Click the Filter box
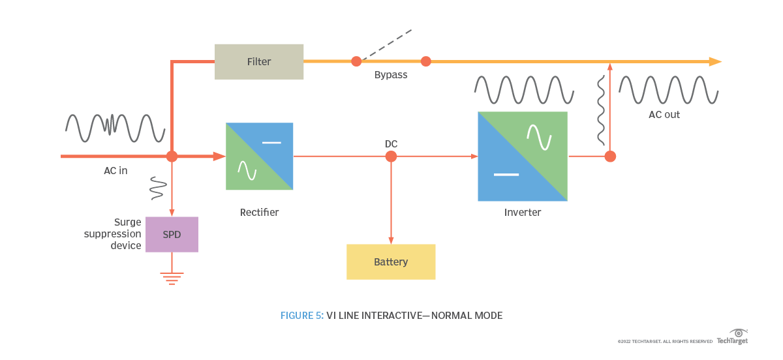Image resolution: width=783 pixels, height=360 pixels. point(259,62)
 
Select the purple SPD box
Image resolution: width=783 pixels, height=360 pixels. point(172,235)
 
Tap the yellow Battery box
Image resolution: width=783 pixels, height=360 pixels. point(391,262)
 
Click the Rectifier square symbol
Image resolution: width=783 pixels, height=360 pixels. point(259,157)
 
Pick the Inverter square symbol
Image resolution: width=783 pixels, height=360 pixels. point(523,157)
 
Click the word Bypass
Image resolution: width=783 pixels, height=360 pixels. point(391,75)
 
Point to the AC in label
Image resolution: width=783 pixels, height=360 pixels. point(115,171)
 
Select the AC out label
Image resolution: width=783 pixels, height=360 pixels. point(664,115)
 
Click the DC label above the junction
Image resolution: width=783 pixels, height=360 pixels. point(391,143)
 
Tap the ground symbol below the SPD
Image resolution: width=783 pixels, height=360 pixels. point(172,278)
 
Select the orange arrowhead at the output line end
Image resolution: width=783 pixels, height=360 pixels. point(715,62)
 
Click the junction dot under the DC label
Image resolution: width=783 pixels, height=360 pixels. point(391,157)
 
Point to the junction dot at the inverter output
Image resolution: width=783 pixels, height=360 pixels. point(610,157)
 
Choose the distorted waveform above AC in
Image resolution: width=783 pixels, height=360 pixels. point(115,128)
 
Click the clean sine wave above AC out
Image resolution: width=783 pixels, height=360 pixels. point(668,89)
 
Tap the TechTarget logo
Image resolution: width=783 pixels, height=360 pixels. point(732,337)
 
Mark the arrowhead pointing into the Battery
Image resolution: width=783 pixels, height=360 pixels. point(391,241)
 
